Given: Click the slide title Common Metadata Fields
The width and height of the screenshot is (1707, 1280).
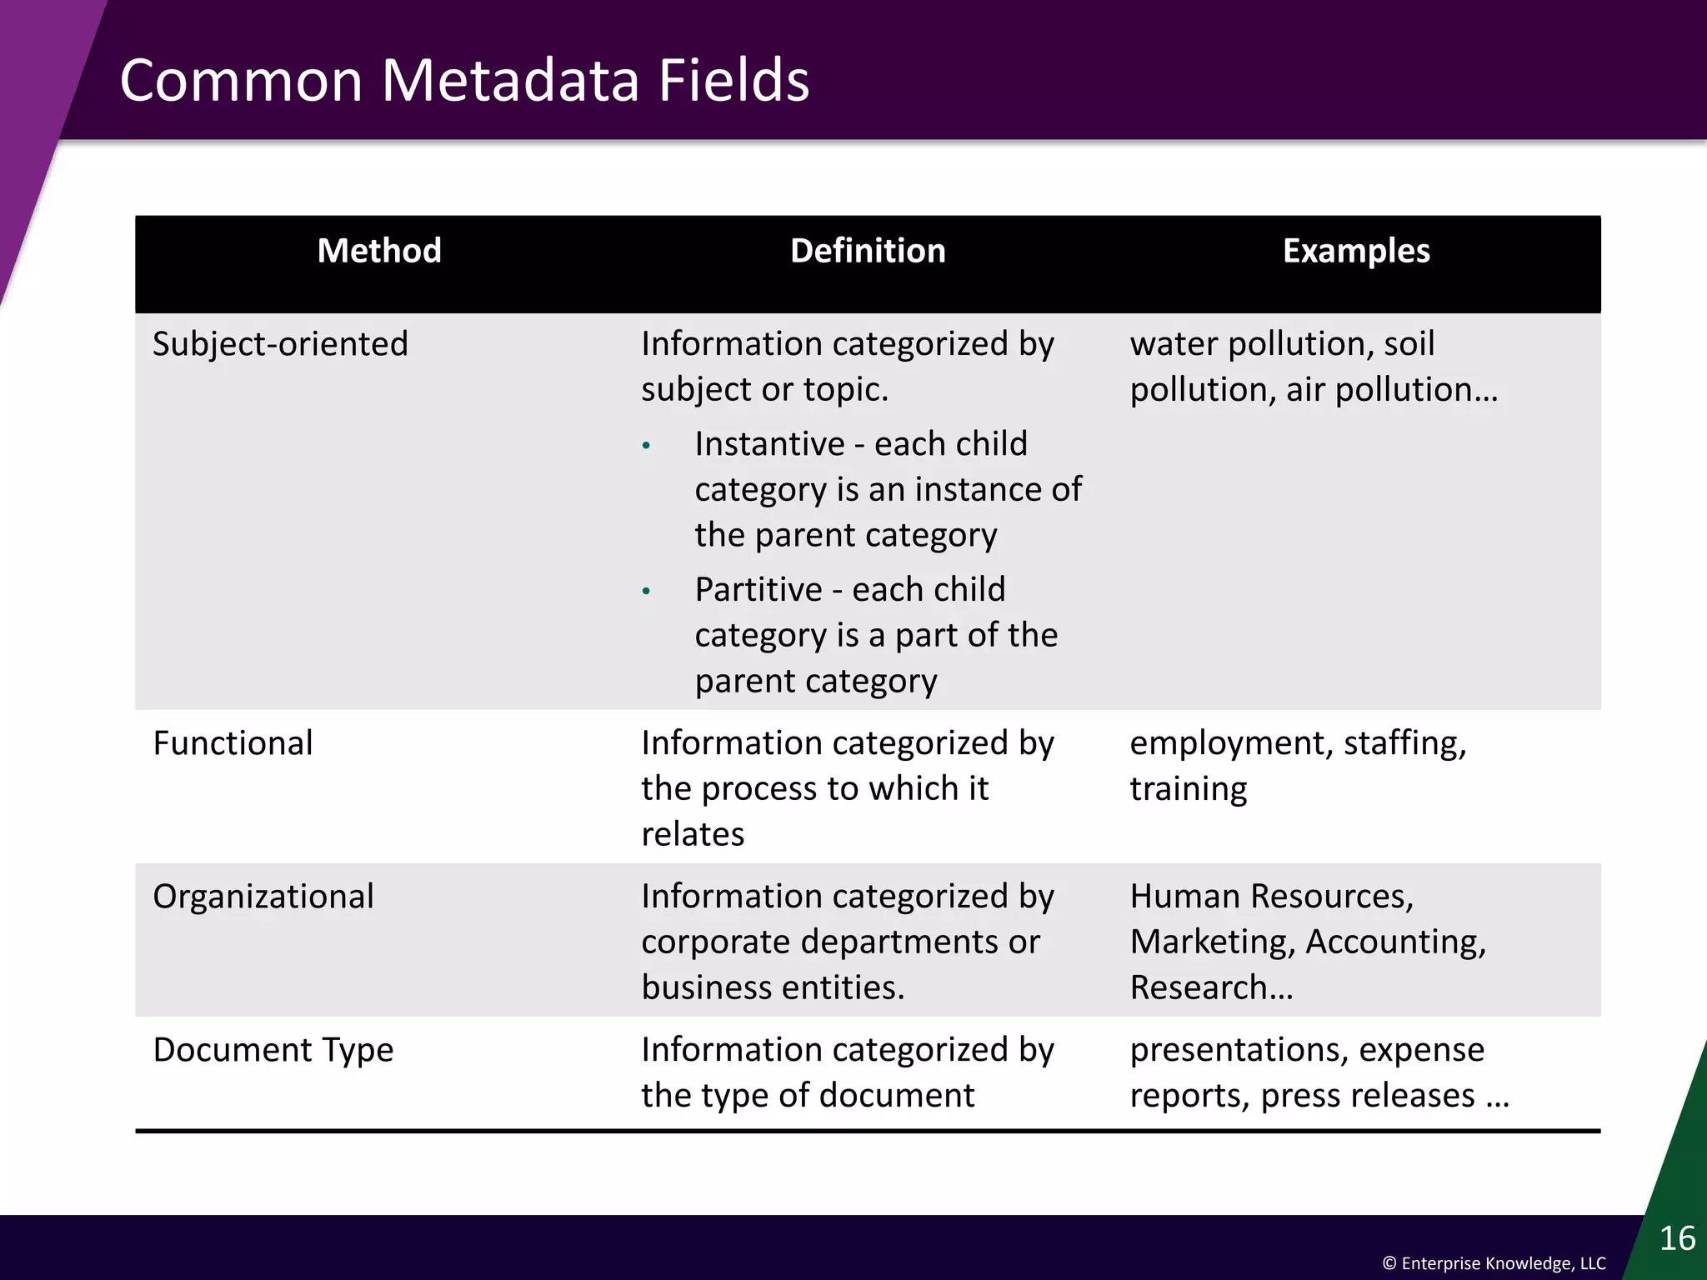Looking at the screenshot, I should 464,81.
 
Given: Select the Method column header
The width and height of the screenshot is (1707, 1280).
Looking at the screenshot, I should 379,251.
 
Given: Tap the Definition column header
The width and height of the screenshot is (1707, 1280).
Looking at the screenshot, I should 868,251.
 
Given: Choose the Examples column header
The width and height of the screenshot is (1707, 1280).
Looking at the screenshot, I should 1356,251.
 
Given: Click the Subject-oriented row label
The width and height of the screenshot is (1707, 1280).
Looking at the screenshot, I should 280,344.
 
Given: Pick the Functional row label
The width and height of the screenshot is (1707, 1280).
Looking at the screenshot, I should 233,743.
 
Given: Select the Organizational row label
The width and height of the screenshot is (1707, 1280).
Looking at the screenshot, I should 263,897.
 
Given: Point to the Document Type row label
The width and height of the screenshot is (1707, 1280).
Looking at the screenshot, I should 273,1050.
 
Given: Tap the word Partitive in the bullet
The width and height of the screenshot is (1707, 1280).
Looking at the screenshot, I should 758,590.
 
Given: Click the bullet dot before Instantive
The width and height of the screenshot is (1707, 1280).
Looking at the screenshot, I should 646,447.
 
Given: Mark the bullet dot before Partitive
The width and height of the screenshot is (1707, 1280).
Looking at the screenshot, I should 646,592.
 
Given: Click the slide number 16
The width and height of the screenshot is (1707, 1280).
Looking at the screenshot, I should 1677,1238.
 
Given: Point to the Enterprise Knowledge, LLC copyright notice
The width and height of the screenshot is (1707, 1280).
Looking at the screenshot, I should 1494,1263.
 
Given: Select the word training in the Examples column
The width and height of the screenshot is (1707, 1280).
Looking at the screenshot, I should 1189,789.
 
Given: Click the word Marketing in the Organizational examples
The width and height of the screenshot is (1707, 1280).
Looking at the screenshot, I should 1212,942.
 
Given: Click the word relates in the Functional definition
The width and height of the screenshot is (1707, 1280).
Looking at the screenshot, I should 693,834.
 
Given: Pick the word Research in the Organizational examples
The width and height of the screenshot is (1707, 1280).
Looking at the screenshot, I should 1199,988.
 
